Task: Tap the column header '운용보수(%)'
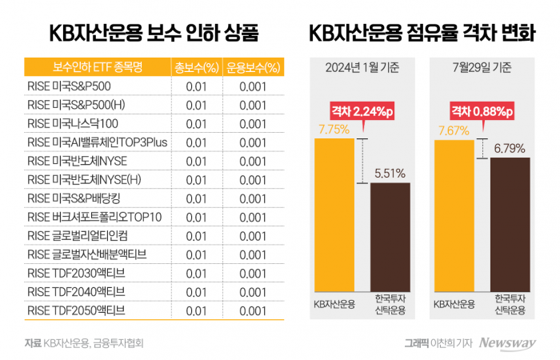(x=253, y=66)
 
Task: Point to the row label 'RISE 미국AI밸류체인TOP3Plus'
(x=95, y=142)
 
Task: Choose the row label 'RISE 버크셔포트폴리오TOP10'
(x=94, y=216)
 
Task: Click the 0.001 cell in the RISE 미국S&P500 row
(x=253, y=86)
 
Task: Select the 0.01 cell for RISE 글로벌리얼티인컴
(x=196, y=235)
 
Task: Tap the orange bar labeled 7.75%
(x=334, y=215)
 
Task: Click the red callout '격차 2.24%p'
(x=362, y=114)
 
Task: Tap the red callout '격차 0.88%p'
(x=482, y=114)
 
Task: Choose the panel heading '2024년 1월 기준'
(x=362, y=68)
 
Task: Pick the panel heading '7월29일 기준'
(x=482, y=68)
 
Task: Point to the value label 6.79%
(x=510, y=148)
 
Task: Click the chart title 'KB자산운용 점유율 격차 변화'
(x=422, y=33)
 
